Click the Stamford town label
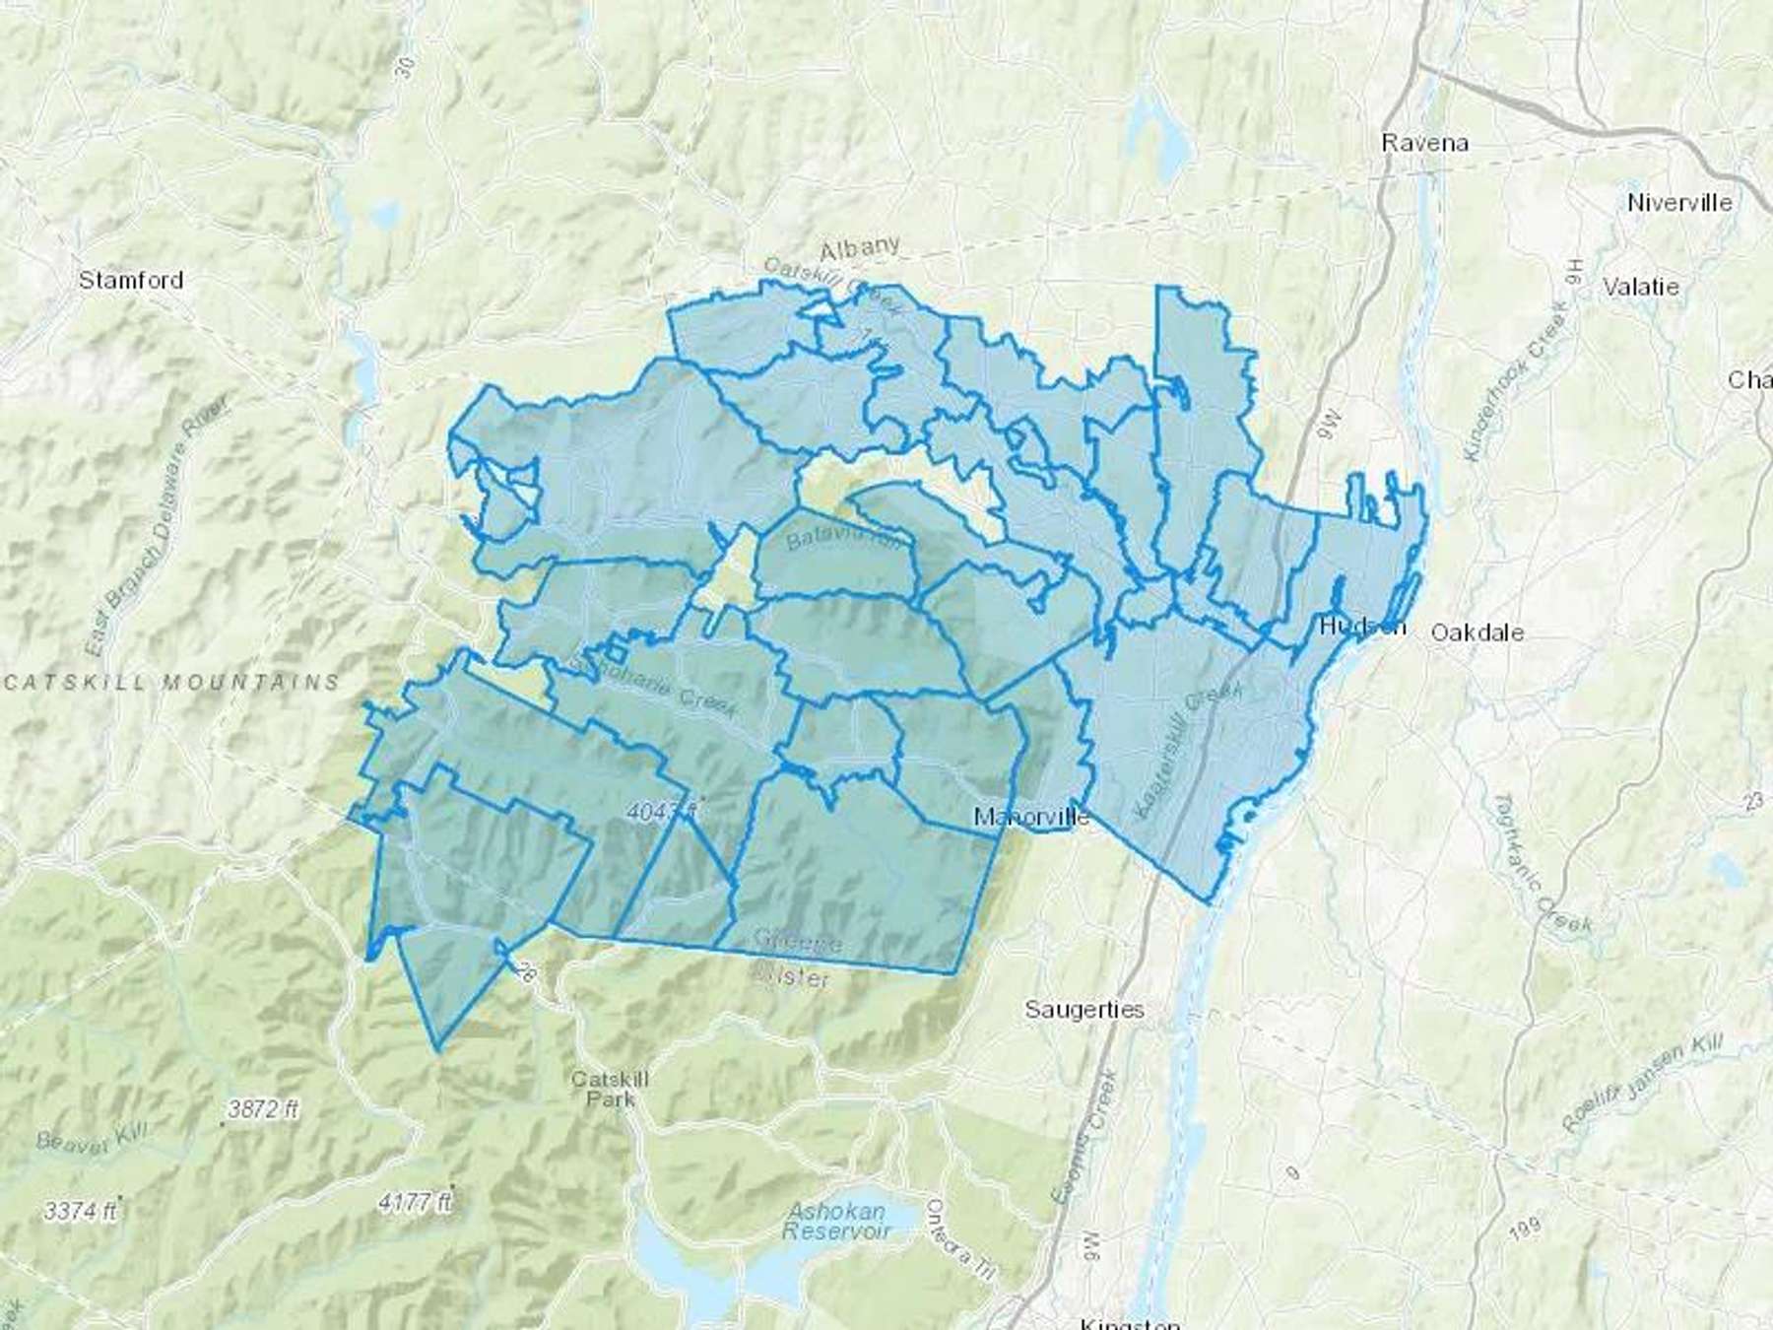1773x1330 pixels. tap(131, 280)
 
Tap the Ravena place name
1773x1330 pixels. tap(1424, 143)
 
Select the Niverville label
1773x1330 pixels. tap(1679, 203)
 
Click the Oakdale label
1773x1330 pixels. tap(1477, 632)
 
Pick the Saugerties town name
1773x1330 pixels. tap(1083, 1009)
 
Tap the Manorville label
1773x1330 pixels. tap(1030, 817)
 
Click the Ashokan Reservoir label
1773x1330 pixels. tap(836, 1221)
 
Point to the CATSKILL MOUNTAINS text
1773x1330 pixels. tap(170, 681)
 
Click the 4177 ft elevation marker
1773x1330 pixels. tap(415, 1203)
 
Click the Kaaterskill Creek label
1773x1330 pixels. tap(1188, 751)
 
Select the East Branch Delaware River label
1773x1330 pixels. tap(158, 527)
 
